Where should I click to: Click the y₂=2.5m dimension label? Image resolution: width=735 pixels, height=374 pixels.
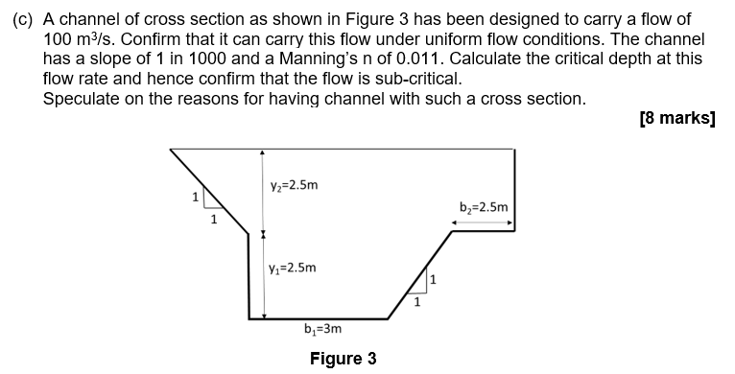tap(294, 185)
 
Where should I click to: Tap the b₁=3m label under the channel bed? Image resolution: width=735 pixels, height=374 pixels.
tap(322, 329)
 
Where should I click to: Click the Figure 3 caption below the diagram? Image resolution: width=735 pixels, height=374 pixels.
tap(343, 359)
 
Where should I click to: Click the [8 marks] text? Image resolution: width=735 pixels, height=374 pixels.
tap(676, 119)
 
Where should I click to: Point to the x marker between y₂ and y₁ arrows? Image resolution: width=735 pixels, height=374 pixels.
tap(263, 234)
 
